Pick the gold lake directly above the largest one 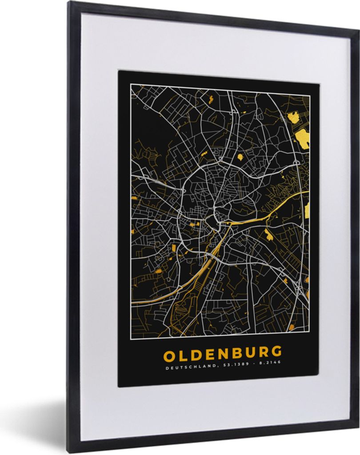pyautogui.click(x=293, y=117)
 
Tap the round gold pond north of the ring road pyautogui.click(x=240, y=156)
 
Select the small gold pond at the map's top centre pyautogui.click(x=212, y=99)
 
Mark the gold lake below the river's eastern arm pyautogui.click(x=269, y=235)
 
